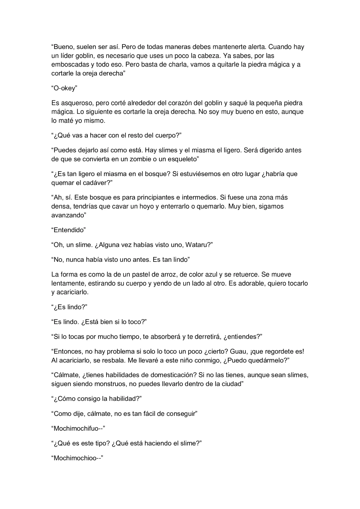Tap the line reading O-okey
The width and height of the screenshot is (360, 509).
tap(64, 88)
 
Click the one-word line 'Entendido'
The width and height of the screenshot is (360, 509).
tap(69, 230)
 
